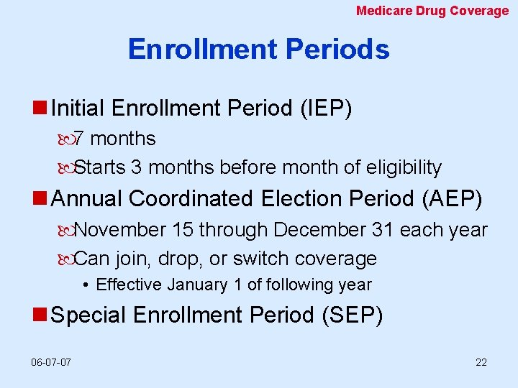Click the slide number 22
coord(481,361)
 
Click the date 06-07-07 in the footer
coord(51,361)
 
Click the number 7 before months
coord(80,138)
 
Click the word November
coord(120,230)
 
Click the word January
coord(198,285)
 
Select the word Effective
coord(129,285)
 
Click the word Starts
coord(100,167)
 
